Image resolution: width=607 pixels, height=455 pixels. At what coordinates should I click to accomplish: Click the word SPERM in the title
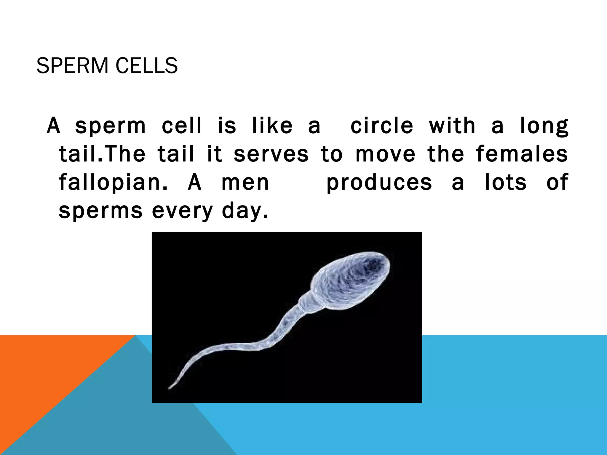pyautogui.click(x=72, y=66)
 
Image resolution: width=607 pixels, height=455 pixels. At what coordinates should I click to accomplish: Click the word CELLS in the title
pyautogui.click(x=147, y=66)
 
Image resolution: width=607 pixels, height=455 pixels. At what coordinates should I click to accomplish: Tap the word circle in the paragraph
pyautogui.click(x=382, y=126)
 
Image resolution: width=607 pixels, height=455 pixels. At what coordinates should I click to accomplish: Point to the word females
pyautogui.click(x=522, y=154)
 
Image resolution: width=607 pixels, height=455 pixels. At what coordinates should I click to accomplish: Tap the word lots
pyautogui.click(x=506, y=182)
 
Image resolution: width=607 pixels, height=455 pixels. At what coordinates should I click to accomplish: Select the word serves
pyautogui.click(x=271, y=154)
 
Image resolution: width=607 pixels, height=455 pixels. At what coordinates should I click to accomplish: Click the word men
pyautogui.click(x=245, y=182)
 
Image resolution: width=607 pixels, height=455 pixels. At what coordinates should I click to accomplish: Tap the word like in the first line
pyautogui.click(x=272, y=126)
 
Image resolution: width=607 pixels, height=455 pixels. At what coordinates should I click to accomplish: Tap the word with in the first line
pyautogui.click(x=452, y=126)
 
